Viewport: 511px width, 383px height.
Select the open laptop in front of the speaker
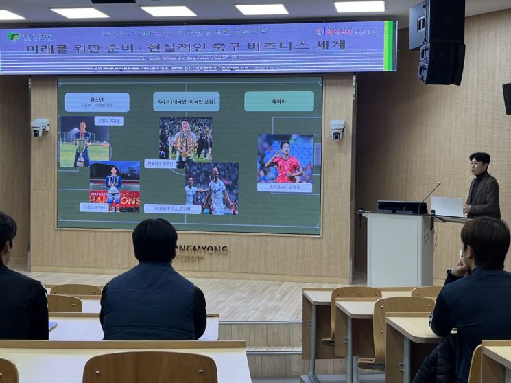tap(447, 207)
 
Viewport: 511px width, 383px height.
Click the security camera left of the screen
tap(40, 127)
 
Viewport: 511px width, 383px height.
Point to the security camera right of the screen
tap(337, 130)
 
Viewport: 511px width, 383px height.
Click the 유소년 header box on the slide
tap(97, 102)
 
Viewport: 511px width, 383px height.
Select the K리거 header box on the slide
tap(186, 102)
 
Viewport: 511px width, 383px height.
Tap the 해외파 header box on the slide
tap(278, 101)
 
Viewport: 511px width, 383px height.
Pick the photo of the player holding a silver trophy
tap(84, 141)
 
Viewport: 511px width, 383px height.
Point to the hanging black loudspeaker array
tap(438, 42)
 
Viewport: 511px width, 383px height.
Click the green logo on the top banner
tap(14, 36)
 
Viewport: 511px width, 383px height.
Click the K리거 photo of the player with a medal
tap(185, 138)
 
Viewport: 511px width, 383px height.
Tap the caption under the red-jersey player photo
tap(284, 187)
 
